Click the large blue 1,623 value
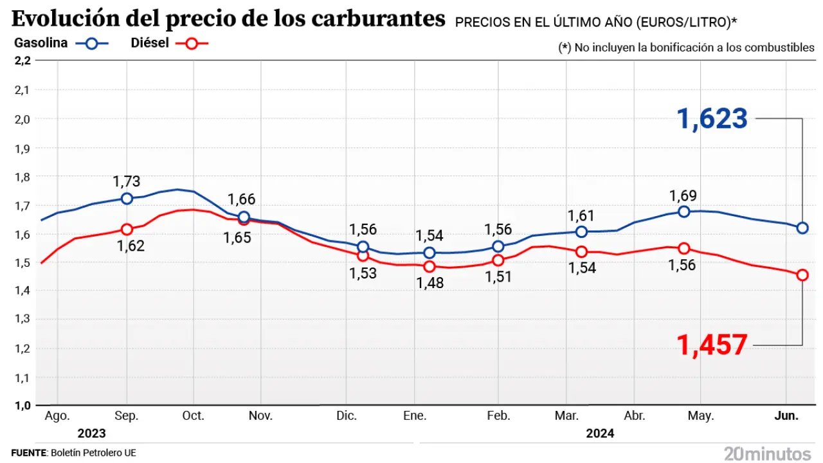pyautogui.click(x=712, y=120)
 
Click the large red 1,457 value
pyautogui.click(x=712, y=345)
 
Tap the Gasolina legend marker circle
pyautogui.click(x=92, y=44)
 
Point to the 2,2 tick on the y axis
pyautogui.click(x=22, y=60)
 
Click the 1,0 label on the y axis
pyautogui.click(x=22, y=406)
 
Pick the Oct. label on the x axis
pyautogui.click(x=193, y=416)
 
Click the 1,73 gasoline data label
pyautogui.click(x=126, y=182)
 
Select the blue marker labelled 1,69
pyautogui.click(x=683, y=212)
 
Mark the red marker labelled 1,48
pyautogui.click(x=430, y=266)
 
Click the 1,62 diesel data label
pyautogui.click(x=130, y=246)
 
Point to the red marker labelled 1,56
pyautogui.click(x=683, y=249)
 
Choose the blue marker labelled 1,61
pyautogui.click(x=581, y=232)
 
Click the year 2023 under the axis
pyautogui.click(x=91, y=433)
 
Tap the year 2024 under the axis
pyautogui.click(x=600, y=433)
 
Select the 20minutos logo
pyautogui.click(x=767, y=453)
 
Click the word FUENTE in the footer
pyautogui.click(x=29, y=453)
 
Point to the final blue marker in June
pyautogui.click(x=802, y=228)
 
